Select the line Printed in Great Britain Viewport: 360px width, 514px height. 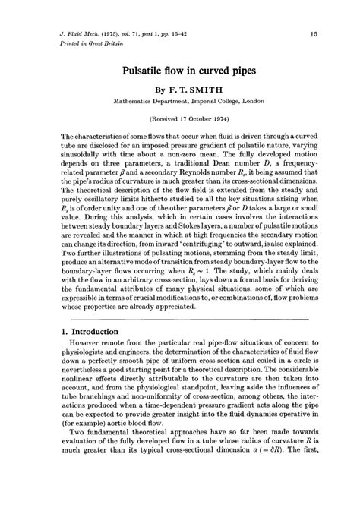78,44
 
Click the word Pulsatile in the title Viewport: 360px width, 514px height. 143,70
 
